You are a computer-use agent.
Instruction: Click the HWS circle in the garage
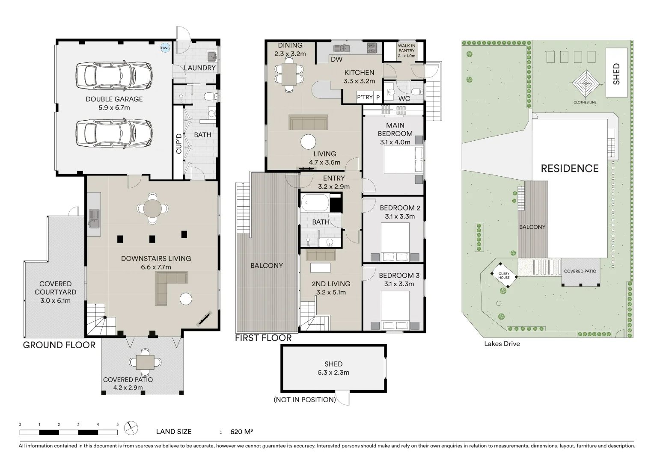click(165, 48)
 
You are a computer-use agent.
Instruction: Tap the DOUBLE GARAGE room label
click(114, 99)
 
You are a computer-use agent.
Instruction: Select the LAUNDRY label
click(200, 68)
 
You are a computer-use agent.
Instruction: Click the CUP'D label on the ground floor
click(178, 143)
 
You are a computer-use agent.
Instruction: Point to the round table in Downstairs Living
click(152, 209)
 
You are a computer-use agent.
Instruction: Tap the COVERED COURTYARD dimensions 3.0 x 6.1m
click(56, 301)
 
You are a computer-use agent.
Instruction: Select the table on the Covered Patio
click(145, 362)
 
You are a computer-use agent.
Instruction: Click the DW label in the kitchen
click(337, 59)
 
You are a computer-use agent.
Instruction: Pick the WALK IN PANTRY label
click(407, 48)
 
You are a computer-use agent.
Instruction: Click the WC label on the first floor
click(404, 99)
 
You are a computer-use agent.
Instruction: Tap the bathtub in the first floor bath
click(315, 202)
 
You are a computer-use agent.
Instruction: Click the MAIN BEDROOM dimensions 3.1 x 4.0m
click(395, 142)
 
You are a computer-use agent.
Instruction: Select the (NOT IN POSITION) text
click(305, 400)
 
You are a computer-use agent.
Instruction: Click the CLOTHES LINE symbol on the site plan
click(586, 84)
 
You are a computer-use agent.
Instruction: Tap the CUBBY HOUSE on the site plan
click(504, 275)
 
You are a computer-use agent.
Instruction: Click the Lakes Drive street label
click(502, 344)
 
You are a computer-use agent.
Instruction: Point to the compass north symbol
click(131, 428)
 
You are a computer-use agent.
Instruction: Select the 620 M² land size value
click(241, 432)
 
